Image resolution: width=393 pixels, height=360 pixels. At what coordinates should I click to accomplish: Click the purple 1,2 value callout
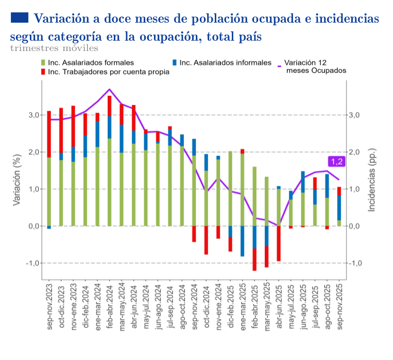[337, 162]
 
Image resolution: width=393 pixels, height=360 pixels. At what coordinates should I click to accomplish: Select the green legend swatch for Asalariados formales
[43, 63]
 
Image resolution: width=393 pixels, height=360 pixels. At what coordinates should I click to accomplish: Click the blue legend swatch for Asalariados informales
[175, 63]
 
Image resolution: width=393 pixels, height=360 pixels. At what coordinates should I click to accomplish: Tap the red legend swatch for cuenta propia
[43, 72]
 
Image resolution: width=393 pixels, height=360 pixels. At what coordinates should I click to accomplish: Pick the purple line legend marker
[280, 66]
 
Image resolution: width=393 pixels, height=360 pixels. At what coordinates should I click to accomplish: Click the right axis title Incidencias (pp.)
[372, 180]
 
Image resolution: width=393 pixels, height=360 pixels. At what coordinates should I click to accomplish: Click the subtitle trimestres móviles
[54, 48]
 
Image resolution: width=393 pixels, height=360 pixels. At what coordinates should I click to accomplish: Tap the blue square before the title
[19, 18]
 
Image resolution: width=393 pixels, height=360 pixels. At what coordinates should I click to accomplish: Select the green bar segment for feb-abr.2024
[109, 182]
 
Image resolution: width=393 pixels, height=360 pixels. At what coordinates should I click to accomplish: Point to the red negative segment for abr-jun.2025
[279, 244]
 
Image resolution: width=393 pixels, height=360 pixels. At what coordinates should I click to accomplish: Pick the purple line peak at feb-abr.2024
[109, 89]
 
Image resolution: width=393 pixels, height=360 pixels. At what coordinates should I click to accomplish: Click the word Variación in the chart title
[59, 19]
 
